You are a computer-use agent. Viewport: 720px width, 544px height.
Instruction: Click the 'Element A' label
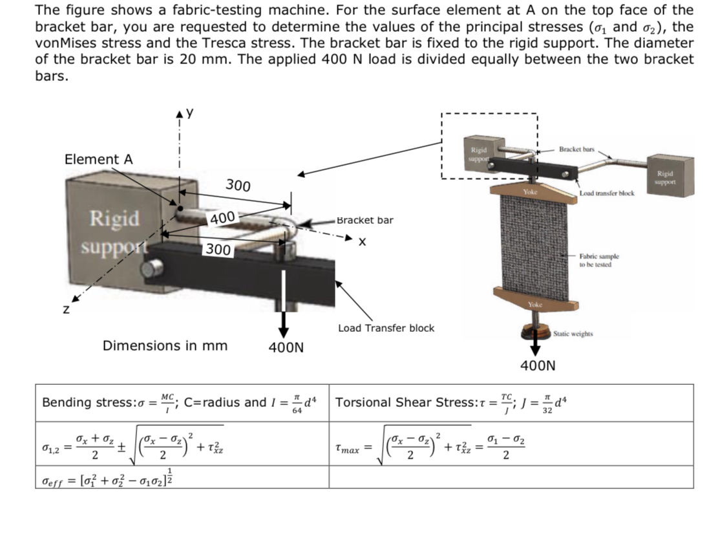98,159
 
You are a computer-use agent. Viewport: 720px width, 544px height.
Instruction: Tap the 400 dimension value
222,218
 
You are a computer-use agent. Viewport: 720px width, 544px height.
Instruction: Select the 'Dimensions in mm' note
165,345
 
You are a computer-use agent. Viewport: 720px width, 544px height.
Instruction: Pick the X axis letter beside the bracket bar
363,242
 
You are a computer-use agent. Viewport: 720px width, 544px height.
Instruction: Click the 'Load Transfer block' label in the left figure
386,328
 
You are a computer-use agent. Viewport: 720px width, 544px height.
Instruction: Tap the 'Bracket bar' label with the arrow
365,220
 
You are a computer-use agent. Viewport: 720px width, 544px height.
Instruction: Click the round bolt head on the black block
153,269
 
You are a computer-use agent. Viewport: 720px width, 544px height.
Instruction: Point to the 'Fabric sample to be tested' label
599,260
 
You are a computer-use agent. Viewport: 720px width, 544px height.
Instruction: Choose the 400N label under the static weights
537,366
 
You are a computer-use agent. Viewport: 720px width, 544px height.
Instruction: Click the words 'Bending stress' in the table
79,402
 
